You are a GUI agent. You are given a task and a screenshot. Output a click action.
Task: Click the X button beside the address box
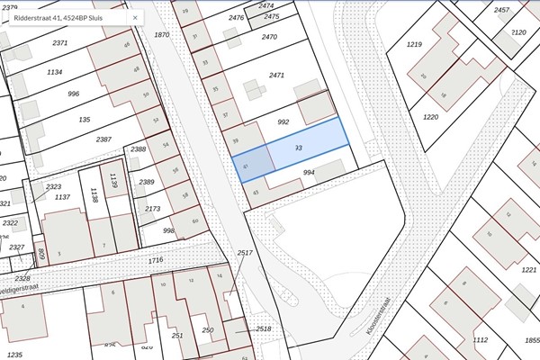[136, 17]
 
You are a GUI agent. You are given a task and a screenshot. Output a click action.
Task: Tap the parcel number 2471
[275, 76]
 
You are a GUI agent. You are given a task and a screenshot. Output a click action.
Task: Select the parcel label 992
[283, 121]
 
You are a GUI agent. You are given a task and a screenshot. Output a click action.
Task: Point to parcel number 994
[309, 172]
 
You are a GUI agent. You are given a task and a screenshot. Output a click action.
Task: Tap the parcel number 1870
[162, 35]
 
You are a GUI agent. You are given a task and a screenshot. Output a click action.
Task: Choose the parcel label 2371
[60, 43]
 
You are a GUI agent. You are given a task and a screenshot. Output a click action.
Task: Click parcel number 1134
[55, 72]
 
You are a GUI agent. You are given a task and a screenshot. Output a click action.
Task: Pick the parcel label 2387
[103, 139]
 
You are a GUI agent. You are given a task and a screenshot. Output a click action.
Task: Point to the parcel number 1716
[157, 260]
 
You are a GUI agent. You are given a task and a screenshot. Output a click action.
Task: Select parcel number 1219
[414, 43]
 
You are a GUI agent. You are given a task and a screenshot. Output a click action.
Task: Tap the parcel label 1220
[430, 116]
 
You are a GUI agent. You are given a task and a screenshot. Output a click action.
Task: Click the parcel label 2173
[153, 209]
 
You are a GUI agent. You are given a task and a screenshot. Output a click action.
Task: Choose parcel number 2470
[268, 37]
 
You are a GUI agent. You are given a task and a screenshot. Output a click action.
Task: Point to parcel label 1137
[62, 196]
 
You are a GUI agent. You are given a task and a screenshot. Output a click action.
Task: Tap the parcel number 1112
[481, 339]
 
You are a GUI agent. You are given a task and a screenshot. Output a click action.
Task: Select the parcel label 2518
[264, 329]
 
